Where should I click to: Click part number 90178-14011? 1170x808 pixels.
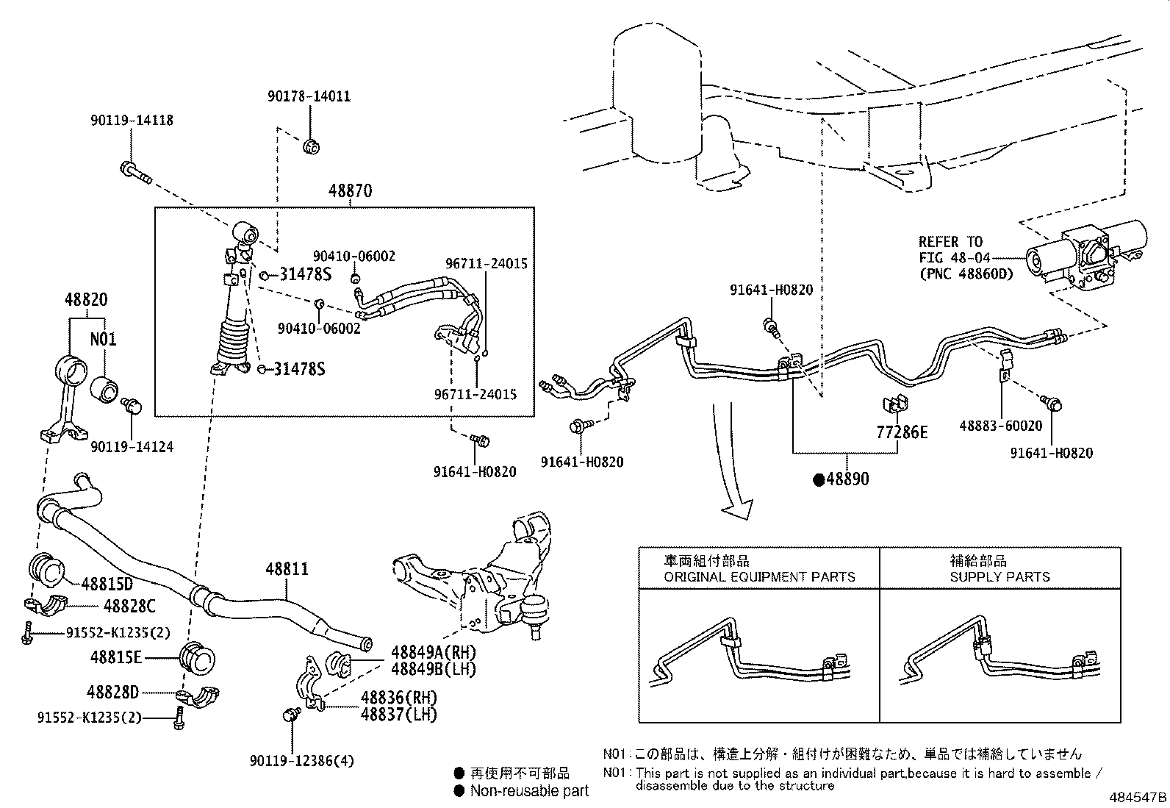(309, 96)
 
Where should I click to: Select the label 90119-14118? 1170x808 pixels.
(132, 120)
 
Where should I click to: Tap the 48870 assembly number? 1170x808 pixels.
(350, 191)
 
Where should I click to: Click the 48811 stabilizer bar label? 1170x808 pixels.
(287, 568)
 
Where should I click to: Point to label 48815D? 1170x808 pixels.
(107, 584)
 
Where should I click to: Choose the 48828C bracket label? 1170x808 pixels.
(129, 607)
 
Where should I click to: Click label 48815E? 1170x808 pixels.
(116, 657)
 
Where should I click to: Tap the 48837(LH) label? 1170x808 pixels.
(398, 714)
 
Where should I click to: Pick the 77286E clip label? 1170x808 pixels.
(902, 432)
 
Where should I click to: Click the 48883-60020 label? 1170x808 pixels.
(1000, 426)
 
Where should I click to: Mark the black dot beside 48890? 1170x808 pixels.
(818, 480)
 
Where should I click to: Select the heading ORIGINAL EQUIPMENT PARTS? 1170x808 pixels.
(759, 576)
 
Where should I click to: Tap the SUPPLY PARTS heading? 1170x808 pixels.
(999, 576)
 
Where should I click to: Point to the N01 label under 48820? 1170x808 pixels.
(103, 340)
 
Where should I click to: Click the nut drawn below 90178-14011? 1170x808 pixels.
(311, 146)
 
